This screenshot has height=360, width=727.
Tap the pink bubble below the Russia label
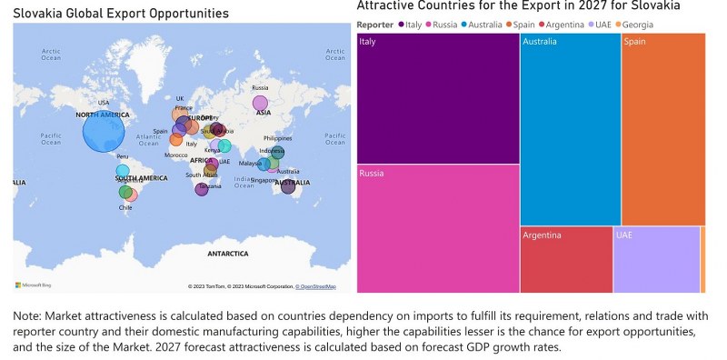tap(261, 103)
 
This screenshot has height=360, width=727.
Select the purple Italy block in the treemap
tap(438, 98)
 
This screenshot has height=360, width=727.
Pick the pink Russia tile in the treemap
tap(438, 229)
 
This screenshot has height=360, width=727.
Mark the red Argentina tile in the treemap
tap(566, 260)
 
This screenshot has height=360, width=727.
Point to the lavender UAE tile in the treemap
tap(656, 260)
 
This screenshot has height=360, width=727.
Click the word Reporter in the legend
tap(374, 24)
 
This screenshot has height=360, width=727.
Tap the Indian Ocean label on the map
tap(244, 181)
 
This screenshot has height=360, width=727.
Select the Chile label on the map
tap(125, 207)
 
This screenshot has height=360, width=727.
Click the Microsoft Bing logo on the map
tap(36, 285)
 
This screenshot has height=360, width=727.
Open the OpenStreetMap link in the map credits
tap(317, 286)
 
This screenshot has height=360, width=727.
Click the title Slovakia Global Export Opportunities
tap(121, 13)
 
